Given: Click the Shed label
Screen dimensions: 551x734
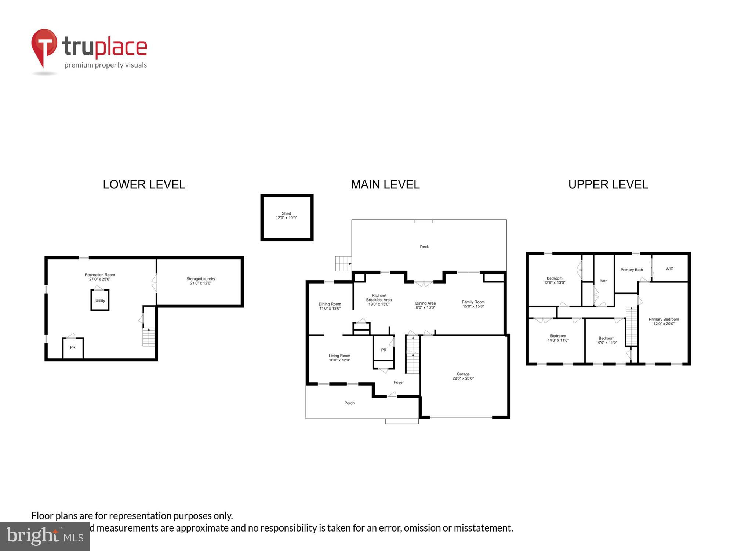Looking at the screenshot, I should pyautogui.click(x=286, y=213).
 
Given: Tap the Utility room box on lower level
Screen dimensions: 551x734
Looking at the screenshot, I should pyautogui.click(x=100, y=300).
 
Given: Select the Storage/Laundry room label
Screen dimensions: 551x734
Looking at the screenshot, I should pyautogui.click(x=201, y=279).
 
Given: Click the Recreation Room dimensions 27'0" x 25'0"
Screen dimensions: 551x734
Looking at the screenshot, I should pyautogui.click(x=100, y=280).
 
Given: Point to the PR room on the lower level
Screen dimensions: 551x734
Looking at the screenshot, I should pyautogui.click(x=73, y=347).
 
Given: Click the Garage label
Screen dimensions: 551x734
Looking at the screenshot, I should pyautogui.click(x=463, y=374).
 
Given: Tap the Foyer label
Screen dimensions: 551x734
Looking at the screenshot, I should pyautogui.click(x=399, y=382).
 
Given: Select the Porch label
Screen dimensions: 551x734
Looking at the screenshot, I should pyautogui.click(x=349, y=403).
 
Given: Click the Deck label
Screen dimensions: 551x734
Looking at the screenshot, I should pyautogui.click(x=424, y=247).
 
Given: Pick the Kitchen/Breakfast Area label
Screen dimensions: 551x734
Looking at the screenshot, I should pyautogui.click(x=379, y=298).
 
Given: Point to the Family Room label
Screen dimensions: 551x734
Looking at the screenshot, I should pyautogui.click(x=473, y=302).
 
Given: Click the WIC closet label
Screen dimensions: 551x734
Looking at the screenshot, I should pyautogui.click(x=669, y=269).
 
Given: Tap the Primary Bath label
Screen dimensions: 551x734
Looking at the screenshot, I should pyautogui.click(x=632, y=270).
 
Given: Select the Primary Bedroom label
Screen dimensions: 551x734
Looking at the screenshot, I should pyautogui.click(x=664, y=320).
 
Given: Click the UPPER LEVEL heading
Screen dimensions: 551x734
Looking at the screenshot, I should pyautogui.click(x=608, y=184).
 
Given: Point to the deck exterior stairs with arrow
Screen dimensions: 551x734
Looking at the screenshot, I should pyautogui.click(x=344, y=264).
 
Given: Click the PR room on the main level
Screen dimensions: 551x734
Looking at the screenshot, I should pyautogui.click(x=384, y=350).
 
